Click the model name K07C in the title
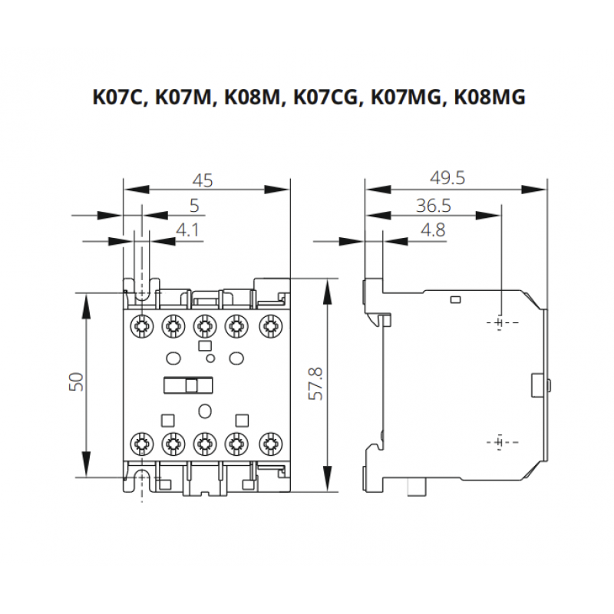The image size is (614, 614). pyautogui.click(x=119, y=98)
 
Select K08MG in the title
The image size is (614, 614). pyautogui.click(x=488, y=98)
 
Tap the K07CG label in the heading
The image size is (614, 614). pyautogui.click(x=326, y=98)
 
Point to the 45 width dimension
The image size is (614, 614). pyautogui.click(x=203, y=180)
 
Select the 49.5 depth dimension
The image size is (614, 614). pyautogui.click(x=447, y=178)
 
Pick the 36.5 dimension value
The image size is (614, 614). pyautogui.click(x=432, y=205)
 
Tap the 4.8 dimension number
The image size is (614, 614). pyautogui.click(x=433, y=229)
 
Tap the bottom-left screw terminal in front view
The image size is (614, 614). pyautogui.click(x=140, y=442)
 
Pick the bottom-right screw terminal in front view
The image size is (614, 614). pyautogui.click(x=268, y=442)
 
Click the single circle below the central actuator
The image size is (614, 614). pyautogui.click(x=204, y=411)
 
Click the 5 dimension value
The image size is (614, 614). pyautogui.click(x=193, y=205)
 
